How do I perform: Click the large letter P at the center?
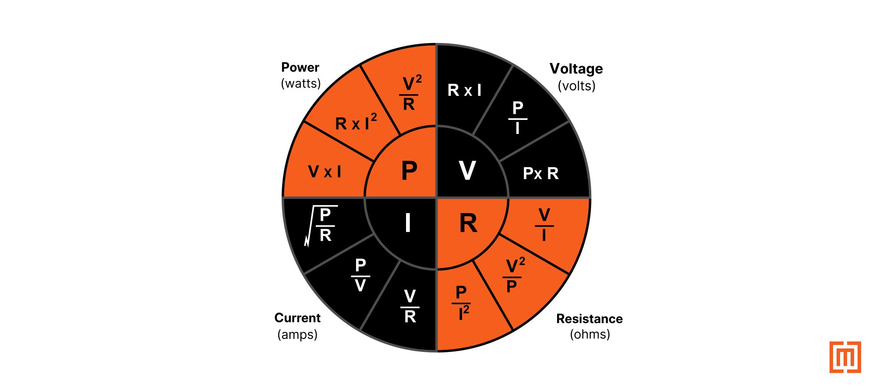(409, 170)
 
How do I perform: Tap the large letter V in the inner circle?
(467, 170)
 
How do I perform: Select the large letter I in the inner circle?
(408, 223)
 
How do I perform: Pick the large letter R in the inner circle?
(468, 223)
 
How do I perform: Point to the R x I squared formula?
(356, 123)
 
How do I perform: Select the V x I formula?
(325, 172)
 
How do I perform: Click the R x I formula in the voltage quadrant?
(464, 90)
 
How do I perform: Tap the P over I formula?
(518, 118)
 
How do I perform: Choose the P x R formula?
(541, 173)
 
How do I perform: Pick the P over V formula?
(360, 275)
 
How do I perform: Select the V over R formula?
(410, 306)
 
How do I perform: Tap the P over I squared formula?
(462, 303)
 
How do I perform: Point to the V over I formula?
(544, 225)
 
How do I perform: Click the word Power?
(300, 67)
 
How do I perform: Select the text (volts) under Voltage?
(576, 85)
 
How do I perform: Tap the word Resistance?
(589, 319)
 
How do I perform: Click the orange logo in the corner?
(845, 357)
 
